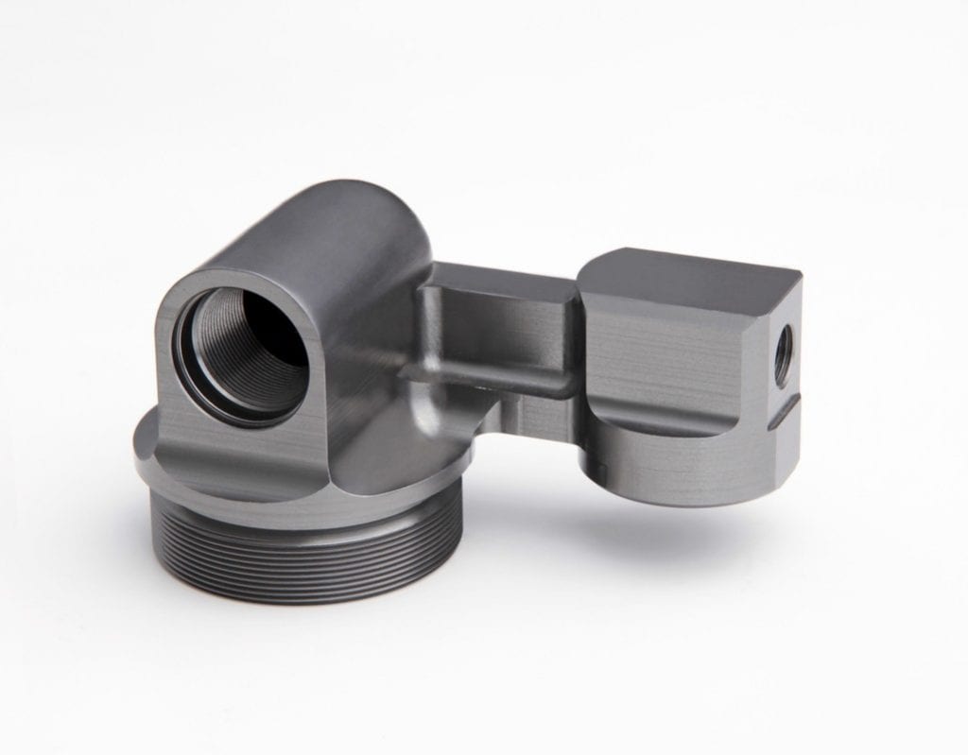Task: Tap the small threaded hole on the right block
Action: tap(783, 357)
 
